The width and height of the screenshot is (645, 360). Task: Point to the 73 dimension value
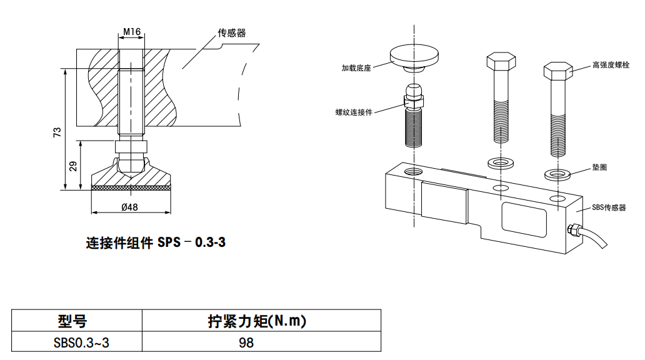[57, 132]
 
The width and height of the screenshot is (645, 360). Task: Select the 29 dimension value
[74, 166]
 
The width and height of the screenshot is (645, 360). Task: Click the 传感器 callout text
[231, 33]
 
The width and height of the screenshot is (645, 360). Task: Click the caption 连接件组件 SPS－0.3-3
[156, 242]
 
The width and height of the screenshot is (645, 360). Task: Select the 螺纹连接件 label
[354, 112]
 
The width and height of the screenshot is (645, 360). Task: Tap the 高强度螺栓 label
[611, 64]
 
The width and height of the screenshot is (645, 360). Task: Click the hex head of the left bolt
[500, 62]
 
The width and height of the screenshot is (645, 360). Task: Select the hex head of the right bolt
[559, 71]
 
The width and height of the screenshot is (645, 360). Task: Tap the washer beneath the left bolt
[500, 162]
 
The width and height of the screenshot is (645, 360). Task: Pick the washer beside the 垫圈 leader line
[558, 174]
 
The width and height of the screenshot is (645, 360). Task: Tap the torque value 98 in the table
[246, 342]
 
